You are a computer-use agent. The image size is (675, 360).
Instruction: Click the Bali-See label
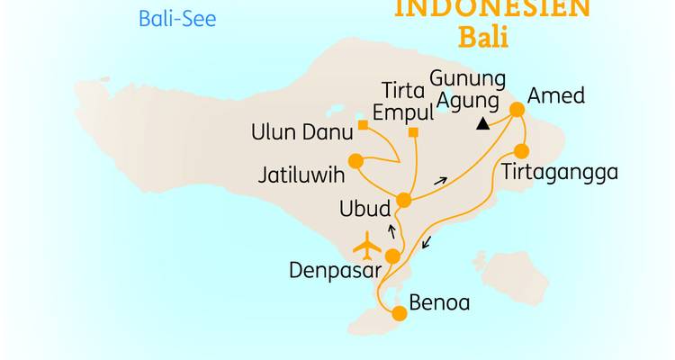[177, 18]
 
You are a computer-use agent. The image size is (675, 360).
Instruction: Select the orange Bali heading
[483, 39]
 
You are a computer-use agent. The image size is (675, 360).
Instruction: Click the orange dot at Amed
[517, 110]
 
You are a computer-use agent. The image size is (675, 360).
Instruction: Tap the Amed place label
[556, 95]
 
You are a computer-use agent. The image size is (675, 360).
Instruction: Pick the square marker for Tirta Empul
[413, 133]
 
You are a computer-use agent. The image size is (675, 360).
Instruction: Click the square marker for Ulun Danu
[363, 125]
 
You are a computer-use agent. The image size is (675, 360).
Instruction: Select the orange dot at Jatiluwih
[355, 161]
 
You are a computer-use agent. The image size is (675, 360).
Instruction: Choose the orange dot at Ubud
[404, 200]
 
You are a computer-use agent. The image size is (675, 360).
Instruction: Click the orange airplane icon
[368, 245]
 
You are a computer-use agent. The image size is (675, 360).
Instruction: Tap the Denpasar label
[335, 269]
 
